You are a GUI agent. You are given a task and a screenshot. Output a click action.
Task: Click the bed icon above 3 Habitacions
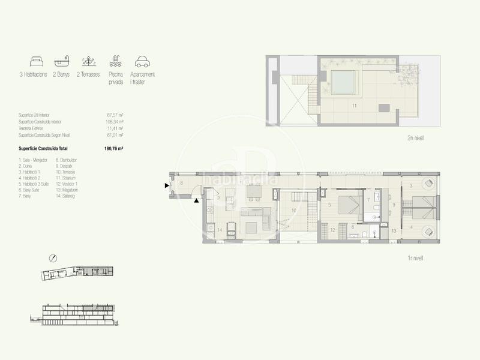[36, 61]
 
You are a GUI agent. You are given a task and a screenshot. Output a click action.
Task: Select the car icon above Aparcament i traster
[142, 61]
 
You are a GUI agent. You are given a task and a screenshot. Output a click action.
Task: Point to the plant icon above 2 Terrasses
[88, 61]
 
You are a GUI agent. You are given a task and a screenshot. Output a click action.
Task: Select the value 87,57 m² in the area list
[115, 114]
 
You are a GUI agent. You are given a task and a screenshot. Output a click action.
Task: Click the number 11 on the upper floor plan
[355, 106]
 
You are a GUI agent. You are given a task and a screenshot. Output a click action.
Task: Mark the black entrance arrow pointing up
[196, 201]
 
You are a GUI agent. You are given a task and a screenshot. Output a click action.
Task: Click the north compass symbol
[53, 258]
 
